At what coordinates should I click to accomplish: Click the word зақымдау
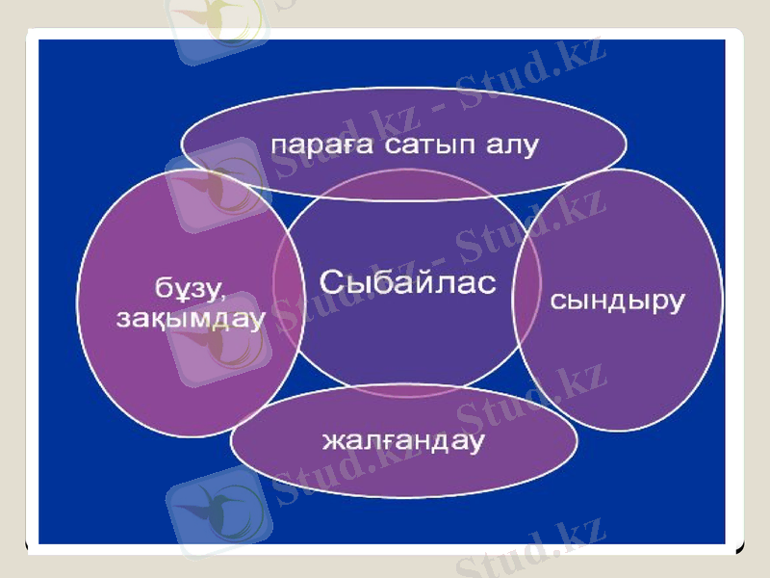(x=190, y=319)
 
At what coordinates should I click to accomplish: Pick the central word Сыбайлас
(x=407, y=283)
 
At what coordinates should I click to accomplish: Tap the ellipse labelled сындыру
(x=617, y=366)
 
